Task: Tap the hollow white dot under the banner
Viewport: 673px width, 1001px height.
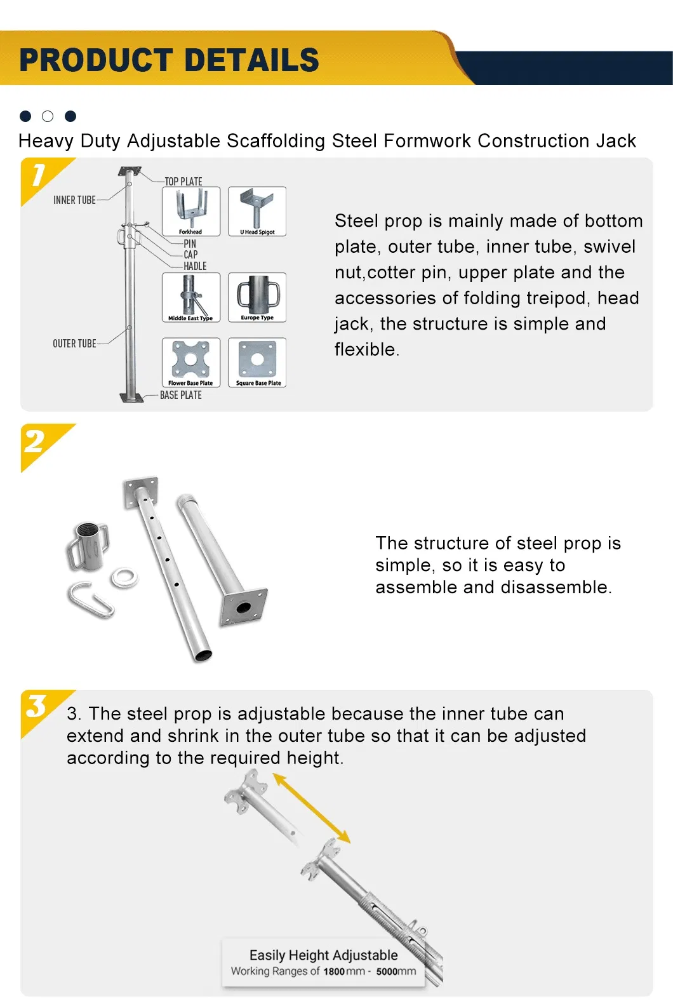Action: coord(48,116)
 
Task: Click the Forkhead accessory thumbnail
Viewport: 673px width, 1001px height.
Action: coord(191,211)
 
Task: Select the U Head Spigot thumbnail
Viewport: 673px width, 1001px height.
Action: coord(257,211)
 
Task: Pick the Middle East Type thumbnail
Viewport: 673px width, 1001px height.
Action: coord(191,297)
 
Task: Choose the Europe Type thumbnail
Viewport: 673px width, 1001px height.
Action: coord(257,297)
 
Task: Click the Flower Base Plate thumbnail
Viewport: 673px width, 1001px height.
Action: coord(191,362)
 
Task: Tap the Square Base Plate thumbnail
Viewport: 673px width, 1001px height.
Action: coord(257,362)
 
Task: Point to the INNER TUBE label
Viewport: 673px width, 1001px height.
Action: coord(74,200)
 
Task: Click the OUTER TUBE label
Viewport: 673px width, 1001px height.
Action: coord(74,344)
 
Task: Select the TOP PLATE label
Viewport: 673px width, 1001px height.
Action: coord(183,182)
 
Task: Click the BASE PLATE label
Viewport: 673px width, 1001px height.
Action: coord(181,395)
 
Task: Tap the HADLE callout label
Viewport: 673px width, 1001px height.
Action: coord(195,266)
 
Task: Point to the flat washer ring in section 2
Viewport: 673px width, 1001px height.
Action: coord(124,578)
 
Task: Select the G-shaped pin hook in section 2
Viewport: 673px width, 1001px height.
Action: coord(91,600)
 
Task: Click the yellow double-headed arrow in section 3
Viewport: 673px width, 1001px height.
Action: coord(311,808)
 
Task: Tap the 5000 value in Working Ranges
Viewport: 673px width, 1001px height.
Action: coord(387,971)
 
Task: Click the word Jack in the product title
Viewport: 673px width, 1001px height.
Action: coord(615,141)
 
